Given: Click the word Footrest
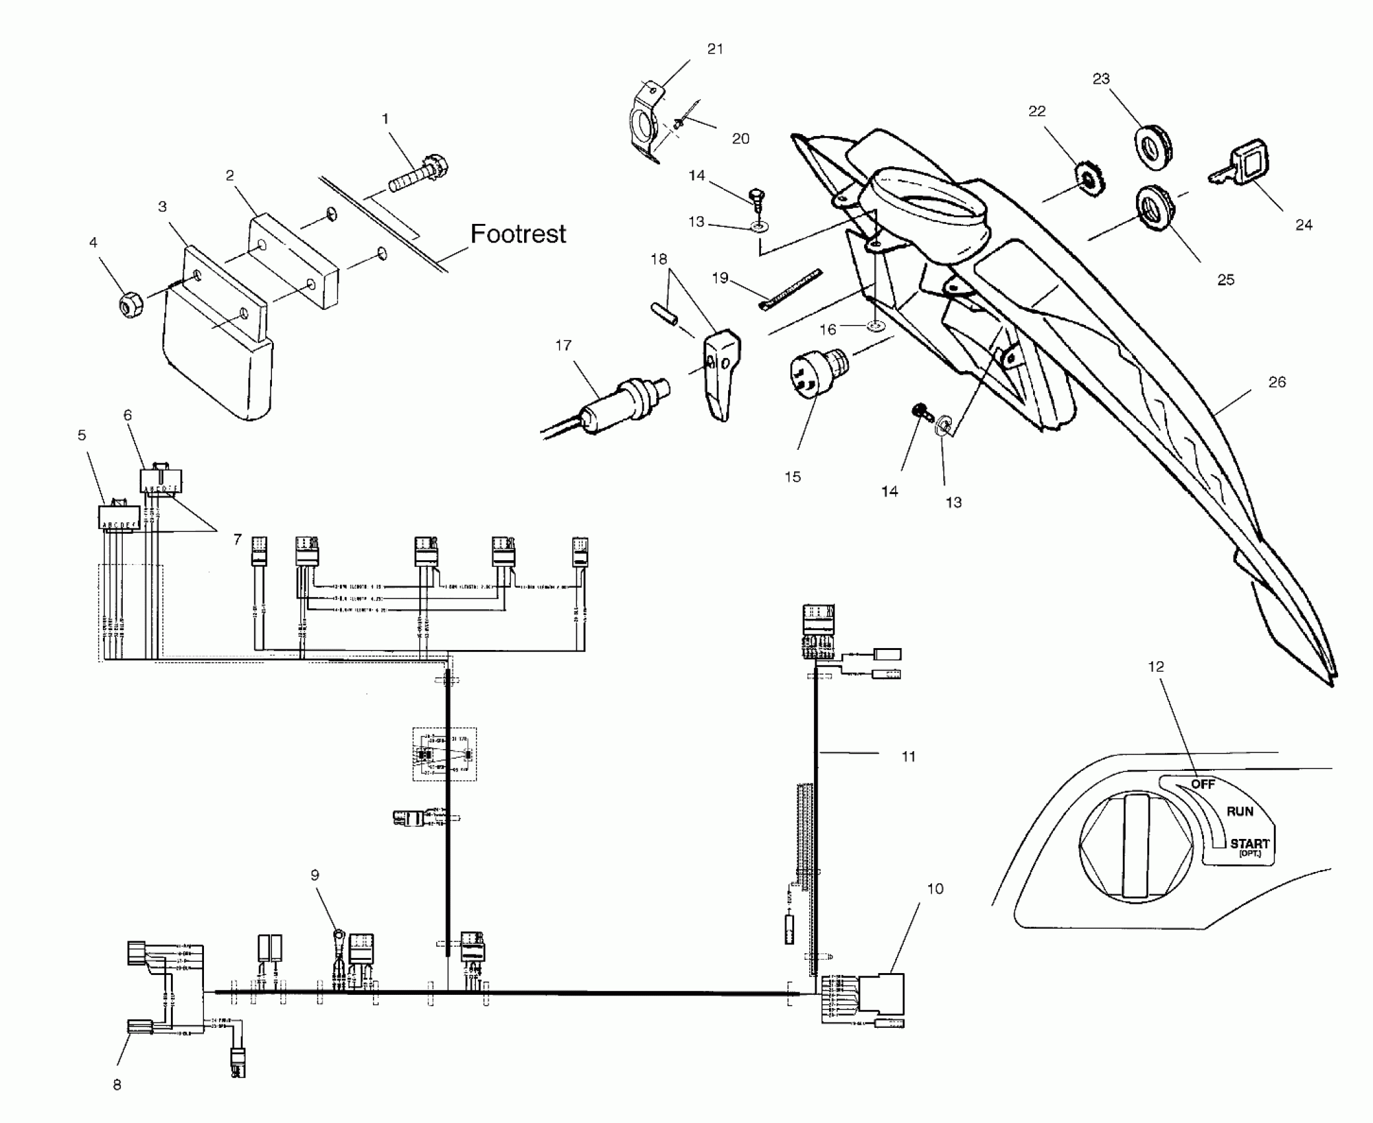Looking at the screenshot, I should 518,234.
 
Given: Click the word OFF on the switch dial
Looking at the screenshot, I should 1203,784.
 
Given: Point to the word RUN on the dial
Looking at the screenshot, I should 1240,811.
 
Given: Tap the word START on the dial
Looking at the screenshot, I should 1249,844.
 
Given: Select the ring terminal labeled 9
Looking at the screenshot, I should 338,935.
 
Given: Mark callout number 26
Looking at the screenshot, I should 1277,382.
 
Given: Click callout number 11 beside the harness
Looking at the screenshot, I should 908,756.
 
